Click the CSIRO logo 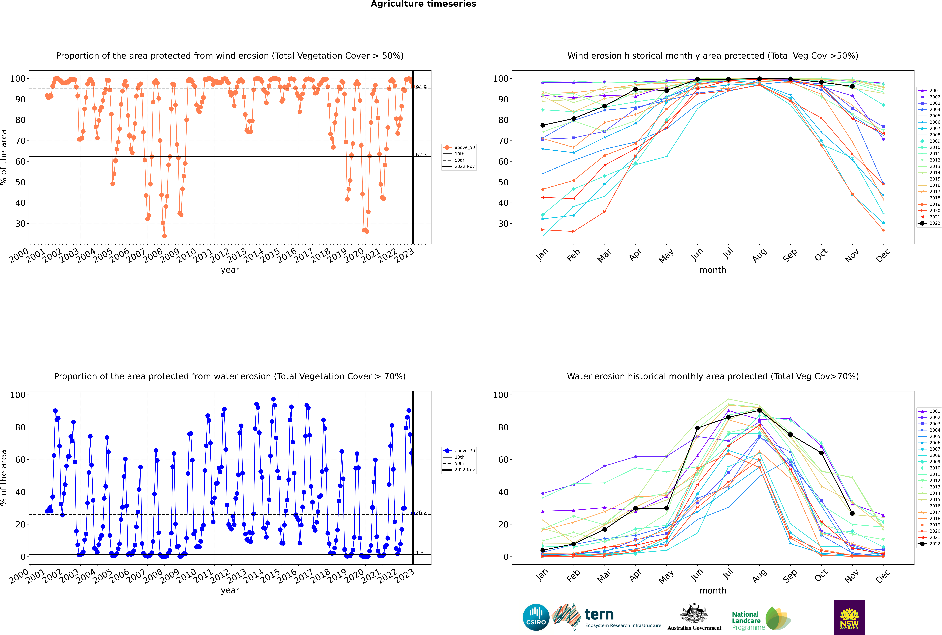[536, 617]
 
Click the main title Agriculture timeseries [423, 4]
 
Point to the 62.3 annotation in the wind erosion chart [421, 155]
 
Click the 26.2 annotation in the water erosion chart [421, 513]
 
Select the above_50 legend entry [459, 147]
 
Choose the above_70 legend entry [459, 451]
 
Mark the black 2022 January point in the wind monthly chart [543, 125]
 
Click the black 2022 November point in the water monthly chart [852, 513]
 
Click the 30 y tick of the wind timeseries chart [20, 224]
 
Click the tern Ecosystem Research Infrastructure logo [606, 617]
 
